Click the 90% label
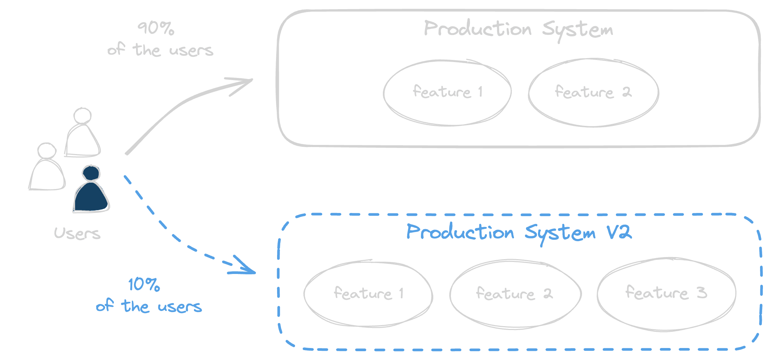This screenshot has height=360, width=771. click(156, 28)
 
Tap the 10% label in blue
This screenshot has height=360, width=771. click(144, 284)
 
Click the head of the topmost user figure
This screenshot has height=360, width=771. click(82, 116)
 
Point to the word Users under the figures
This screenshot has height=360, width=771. click(77, 233)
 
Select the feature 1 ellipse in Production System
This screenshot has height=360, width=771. click(447, 92)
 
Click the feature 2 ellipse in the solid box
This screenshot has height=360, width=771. click(593, 92)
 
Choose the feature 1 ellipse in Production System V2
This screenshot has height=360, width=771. click(368, 294)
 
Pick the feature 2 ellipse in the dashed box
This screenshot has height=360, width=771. click(515, 294)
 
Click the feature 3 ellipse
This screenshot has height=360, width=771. click(666, 293)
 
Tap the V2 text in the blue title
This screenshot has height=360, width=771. click(619, 232)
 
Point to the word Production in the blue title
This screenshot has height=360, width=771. click(460, 232)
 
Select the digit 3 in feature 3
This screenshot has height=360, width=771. click(702, 293)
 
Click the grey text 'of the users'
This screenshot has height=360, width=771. click(160, 50)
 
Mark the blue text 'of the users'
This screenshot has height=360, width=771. click(149, 306)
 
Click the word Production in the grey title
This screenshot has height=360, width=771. click(478, 28)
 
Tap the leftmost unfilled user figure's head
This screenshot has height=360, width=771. click(47, 151)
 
